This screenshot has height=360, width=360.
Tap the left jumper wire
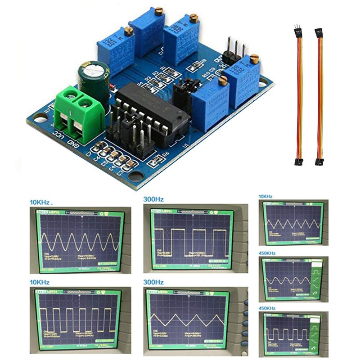point(298,94)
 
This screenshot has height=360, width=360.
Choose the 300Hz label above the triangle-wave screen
point(153,282)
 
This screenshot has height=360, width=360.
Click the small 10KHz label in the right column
point(266,197)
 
